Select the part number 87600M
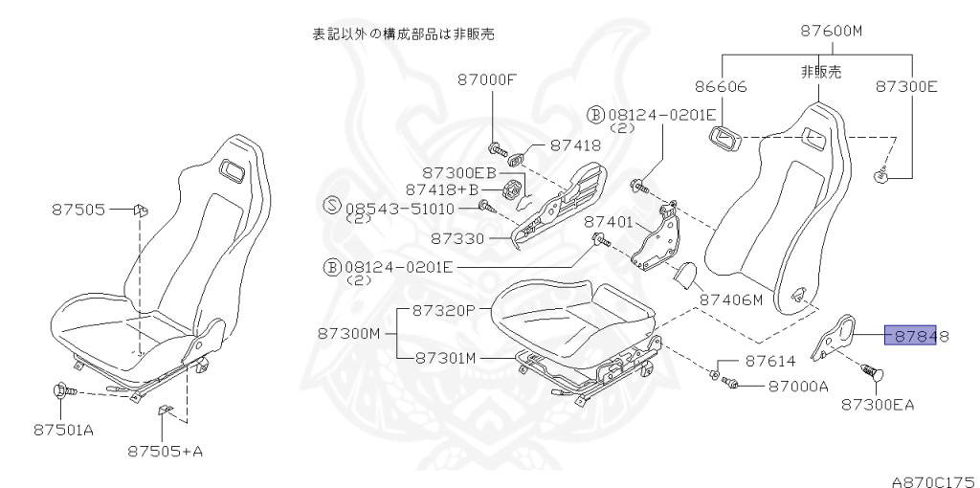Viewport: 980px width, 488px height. (831, 31)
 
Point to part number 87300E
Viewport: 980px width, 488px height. (906, 86)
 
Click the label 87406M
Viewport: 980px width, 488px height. (730, 299)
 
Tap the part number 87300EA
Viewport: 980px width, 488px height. (878, 404)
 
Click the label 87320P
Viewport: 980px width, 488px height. (444, 310)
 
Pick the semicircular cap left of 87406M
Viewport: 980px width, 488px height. (682, 276)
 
